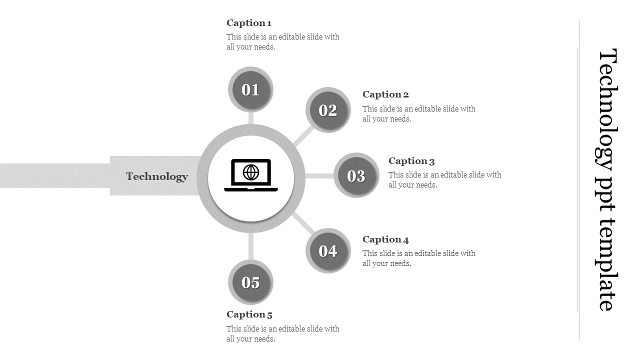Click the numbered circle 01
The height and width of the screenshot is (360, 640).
point(250,89)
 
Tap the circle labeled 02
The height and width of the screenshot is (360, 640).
point(328,110)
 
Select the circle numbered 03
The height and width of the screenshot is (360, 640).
point(356,175)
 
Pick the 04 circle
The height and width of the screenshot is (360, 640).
point(328,250)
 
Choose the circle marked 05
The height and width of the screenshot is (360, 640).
point(250,282)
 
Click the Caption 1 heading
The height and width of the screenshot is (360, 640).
point(249,23)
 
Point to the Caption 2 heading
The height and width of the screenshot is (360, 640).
point(385,94)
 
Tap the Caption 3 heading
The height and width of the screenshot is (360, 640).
point(411,161)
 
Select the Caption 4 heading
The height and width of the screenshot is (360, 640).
point(385,239)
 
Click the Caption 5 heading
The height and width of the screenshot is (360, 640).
point(249,314)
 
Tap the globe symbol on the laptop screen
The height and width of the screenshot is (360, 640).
point(251,172)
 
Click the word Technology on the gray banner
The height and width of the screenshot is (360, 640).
point(157,176)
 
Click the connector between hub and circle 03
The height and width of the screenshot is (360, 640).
point(319,176)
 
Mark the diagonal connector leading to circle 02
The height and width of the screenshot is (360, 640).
point(304,135)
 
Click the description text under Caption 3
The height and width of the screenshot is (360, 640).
point(444,180)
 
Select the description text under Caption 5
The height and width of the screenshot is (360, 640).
point(282,334)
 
